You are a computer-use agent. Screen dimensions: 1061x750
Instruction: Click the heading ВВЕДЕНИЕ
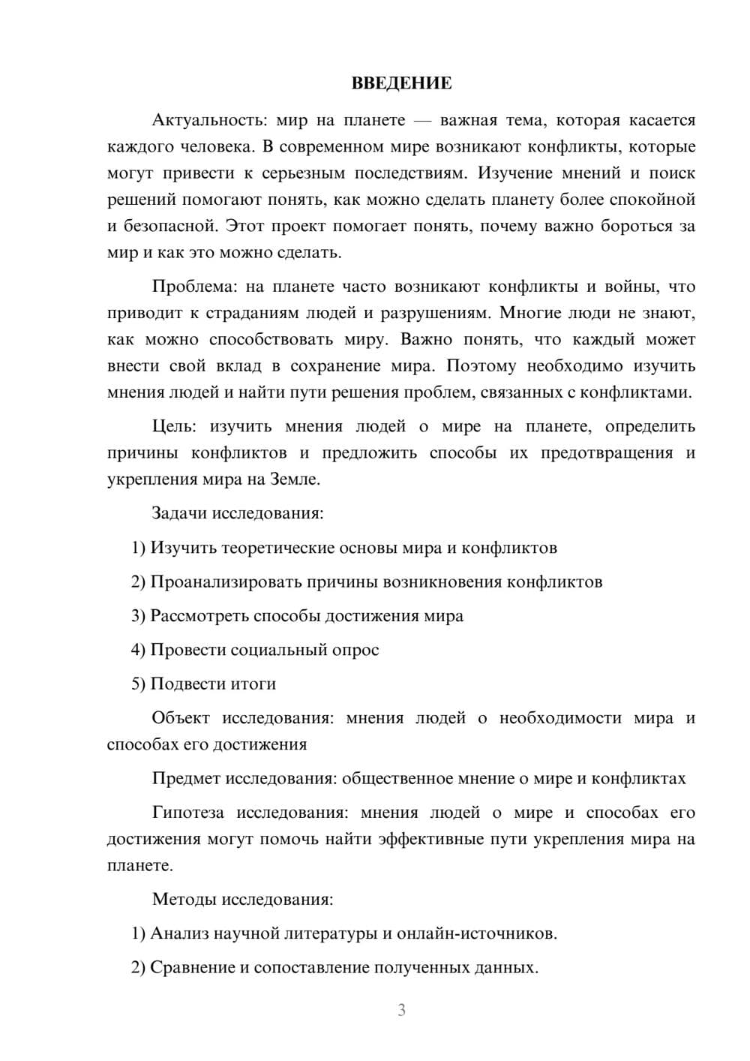(x=401, y=83)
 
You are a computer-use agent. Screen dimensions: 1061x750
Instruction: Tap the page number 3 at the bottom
(x=401, y=1010)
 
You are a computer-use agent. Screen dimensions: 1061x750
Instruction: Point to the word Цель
(x=174, y=426)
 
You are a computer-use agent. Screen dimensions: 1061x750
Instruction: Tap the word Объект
(x=181, y=718)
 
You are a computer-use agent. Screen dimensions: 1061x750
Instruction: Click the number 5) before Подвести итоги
(x=138, y=684)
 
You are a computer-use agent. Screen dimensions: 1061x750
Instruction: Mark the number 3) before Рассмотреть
(x=138, y=616)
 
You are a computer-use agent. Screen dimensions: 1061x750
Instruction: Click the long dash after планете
(x=422, y=120)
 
